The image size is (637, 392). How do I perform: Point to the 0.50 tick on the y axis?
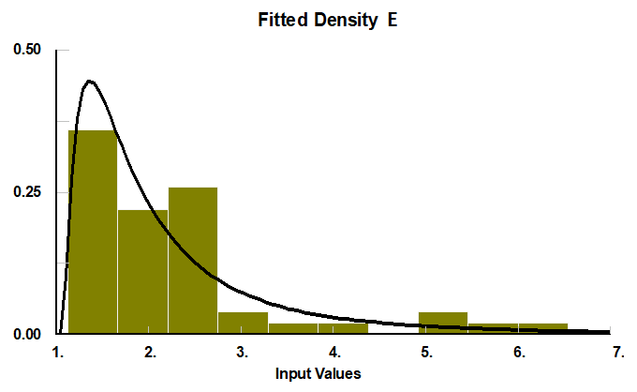coord(27,50)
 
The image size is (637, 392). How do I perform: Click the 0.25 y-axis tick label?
coord(27,192)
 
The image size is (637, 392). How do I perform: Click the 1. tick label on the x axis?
coord(58,353)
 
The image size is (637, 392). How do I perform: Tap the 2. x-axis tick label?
coord(150,353)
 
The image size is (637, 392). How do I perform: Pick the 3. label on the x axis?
coord(242,353)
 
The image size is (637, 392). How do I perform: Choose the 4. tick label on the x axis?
coord(334,353)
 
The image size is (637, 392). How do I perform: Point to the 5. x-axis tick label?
coord(426,353)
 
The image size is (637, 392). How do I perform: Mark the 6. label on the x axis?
coord(519,353)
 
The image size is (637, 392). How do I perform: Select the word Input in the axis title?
coord(293,373)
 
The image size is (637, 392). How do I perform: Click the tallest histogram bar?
coord(93,234)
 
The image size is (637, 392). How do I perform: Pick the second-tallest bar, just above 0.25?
coord(193,263)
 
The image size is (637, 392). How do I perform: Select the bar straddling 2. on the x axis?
coord(142,272)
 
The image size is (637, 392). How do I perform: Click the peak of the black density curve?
coord(90,82)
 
